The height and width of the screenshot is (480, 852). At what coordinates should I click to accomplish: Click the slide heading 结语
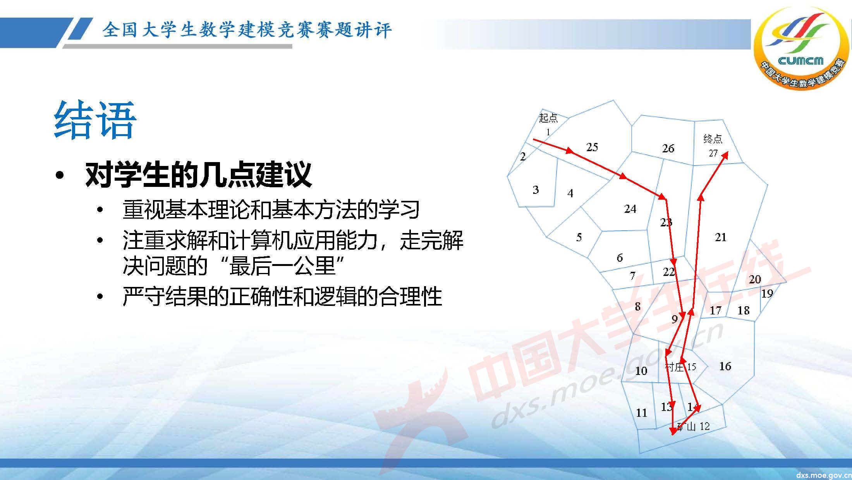point(95,120)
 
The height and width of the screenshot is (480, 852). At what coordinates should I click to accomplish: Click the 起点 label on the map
point(548,117)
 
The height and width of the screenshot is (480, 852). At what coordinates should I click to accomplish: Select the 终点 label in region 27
point(713,139)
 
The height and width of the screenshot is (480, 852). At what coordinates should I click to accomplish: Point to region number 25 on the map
point(592,147)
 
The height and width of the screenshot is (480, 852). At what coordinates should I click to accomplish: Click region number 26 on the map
point(668,148)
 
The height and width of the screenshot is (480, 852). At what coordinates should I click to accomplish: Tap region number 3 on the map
point(536,190)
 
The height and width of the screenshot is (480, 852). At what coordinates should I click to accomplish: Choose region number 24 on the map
point(630,209)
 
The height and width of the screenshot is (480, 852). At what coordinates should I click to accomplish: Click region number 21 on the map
point(720,237)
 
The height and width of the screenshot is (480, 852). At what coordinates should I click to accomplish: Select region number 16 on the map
point(725,366)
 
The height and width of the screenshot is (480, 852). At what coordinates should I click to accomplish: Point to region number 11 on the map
point(641,413)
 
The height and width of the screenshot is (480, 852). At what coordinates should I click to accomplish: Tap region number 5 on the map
point(579,237)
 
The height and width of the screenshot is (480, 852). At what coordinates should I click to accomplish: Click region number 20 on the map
point(754,279)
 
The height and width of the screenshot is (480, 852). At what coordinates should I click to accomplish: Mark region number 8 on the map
point(637,306)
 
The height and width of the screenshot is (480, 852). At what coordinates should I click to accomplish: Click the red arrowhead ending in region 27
point(725,155)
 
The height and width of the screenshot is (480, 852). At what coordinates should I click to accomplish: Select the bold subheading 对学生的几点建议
point(198,175)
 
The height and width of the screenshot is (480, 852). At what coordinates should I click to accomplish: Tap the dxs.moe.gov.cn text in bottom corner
point(823,475)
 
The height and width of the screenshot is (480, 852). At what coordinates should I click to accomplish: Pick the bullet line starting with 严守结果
point(282,297)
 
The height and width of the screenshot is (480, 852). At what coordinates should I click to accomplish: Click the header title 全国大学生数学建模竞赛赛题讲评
point(247,30)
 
